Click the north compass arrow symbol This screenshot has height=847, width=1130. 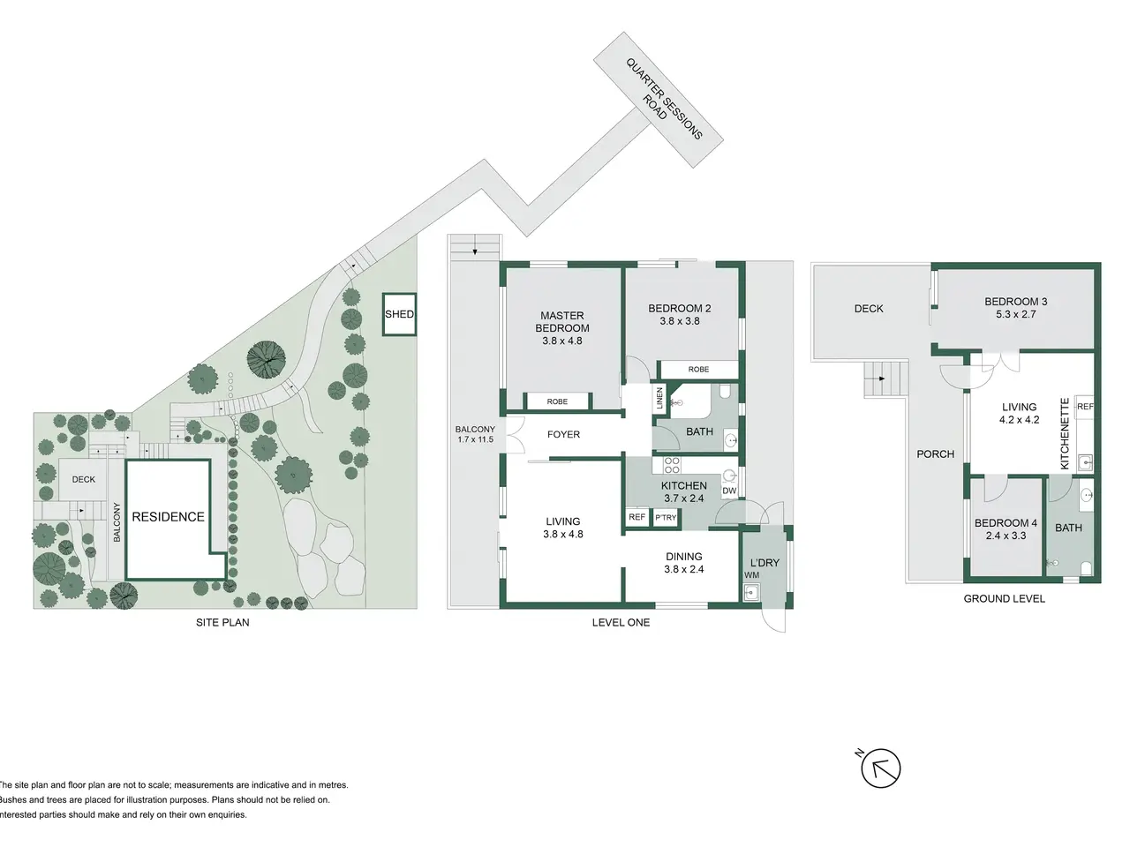coord(880,768)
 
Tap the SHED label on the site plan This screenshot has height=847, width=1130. coord(399,314)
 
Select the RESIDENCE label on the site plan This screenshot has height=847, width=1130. coord(169,516)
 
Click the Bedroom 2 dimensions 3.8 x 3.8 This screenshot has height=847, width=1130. coord(680,321)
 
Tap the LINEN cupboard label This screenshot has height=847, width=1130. coord(660,398)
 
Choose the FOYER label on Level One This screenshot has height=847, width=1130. coord(564,434)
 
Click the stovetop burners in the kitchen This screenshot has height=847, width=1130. coord(672,466)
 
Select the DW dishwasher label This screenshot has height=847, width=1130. coord(729,491)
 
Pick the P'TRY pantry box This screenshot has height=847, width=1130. coord(666,517)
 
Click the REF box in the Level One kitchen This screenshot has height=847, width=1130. coord(637,517)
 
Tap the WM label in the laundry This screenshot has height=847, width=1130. coord(751,575)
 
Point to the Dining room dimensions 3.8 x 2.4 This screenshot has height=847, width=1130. coord(683,569)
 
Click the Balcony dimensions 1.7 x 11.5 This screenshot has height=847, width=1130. coord(475,439)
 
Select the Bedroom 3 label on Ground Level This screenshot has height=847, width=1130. coord(1016,302)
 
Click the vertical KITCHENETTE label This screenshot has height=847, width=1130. coord(1066,433)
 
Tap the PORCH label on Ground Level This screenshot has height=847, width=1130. coord(936,454)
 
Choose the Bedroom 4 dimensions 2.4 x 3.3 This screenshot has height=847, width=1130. coord(1006,536)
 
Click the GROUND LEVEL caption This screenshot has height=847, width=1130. coord(1005,598)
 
